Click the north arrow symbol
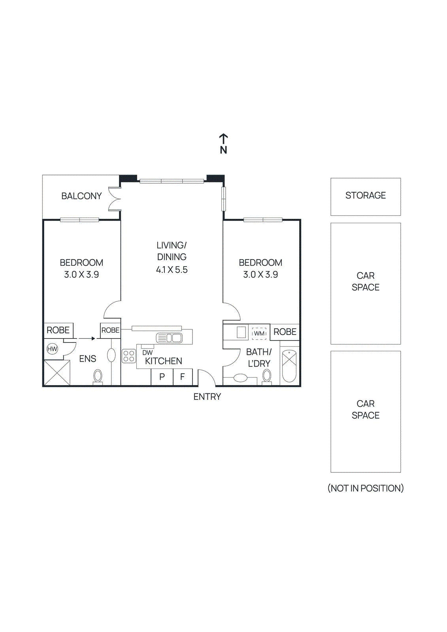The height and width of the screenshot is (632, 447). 223,139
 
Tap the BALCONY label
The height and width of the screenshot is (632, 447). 81,196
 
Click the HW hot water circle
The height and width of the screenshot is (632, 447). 52,349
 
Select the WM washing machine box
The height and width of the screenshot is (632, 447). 259,333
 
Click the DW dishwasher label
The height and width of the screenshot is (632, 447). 147,352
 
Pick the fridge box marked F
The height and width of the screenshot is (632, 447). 183,377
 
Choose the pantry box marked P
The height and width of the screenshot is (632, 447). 162,377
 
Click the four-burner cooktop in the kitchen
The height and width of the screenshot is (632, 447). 129,356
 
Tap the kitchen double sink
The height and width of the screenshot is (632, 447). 170,338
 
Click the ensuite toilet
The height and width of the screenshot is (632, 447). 98,376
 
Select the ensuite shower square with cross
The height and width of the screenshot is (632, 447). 57,372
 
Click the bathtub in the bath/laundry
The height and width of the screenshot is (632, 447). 289,366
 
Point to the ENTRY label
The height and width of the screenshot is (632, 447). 207,397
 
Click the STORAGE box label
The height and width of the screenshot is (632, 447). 366,196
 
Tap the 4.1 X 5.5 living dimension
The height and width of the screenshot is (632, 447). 172,270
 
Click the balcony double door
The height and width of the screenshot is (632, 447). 115,199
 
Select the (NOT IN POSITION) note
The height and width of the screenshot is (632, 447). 366,488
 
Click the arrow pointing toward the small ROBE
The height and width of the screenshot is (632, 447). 87,339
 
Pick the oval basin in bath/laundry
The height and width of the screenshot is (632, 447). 240,378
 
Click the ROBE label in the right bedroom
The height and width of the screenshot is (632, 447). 285,332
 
